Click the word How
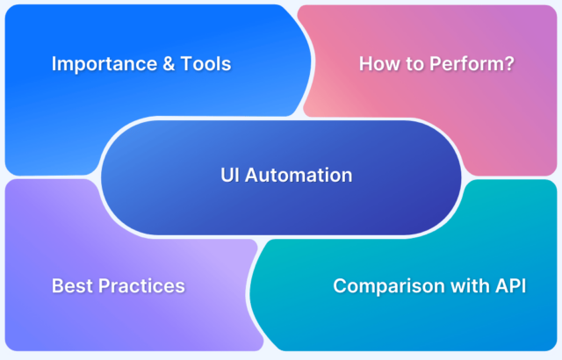[377, 64]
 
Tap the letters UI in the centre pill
[229, 175]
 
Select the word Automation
[300, 175]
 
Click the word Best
[70, 285]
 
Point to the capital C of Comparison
[340, 285]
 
